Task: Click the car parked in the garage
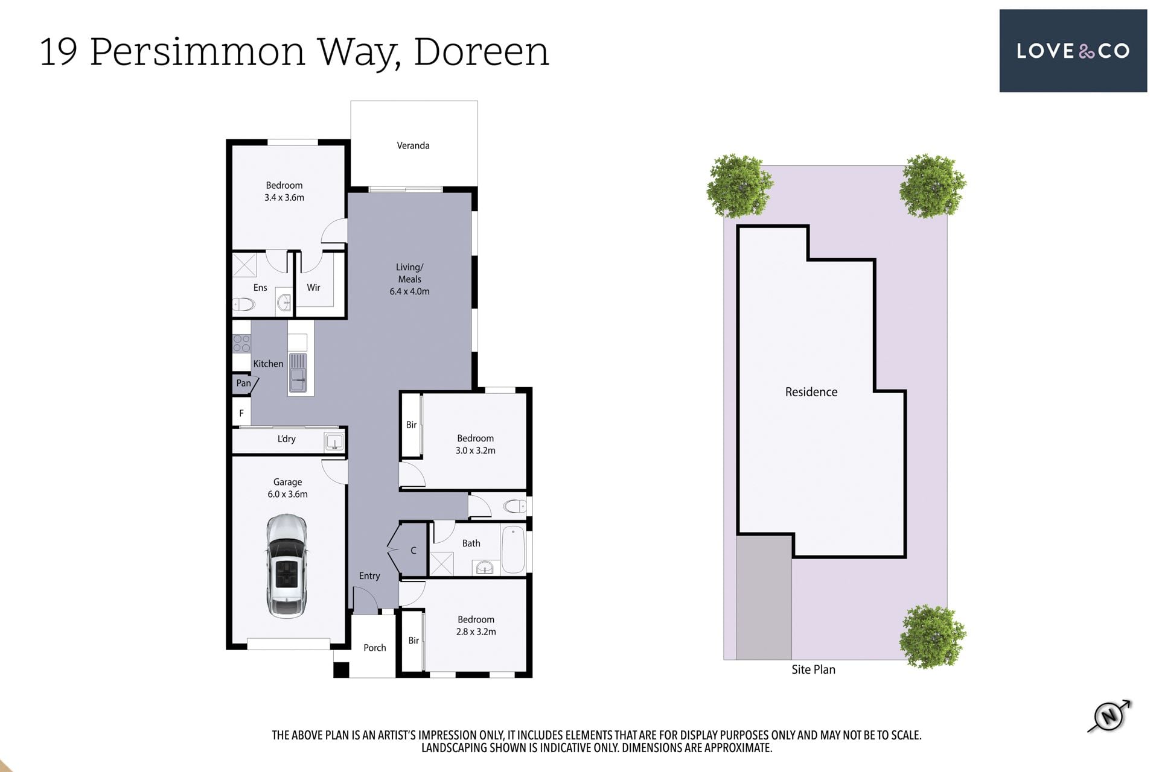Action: pyautogui.click(x=287, y=566)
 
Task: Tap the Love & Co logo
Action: pyautogui.click(x=1073, y=51)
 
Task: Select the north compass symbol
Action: pyautogui.click(x=1110, y=716)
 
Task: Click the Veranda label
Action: pyautogui.click(x=413, y=145)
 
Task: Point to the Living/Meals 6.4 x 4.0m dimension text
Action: pyautogui.click(x=409, y=291)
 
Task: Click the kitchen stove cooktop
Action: pyautogui.click(x=241, y=344)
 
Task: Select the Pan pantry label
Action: pyautogui.click(x=243, y=383)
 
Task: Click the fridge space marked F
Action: pyautogui.click(x=241, y=413)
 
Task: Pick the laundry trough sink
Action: pyautogui.click(x=334, y=442)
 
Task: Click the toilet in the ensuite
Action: pyautogui.click(x=244, y=305)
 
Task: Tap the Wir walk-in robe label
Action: pyautogui.click(x=313, y=288)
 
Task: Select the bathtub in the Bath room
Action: pyautogui.click(x=513, y=549)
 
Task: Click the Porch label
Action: pyautogui.click(x=374, y=648)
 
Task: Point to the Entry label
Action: pyautogui.click(x=369, y=576)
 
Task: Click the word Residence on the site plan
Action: pyautogui.click(x=811, y=392)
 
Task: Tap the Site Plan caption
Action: pyautogui.click(x=813, y=669)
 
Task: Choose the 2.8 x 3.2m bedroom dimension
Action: pyautogui.click(x=476, y=631)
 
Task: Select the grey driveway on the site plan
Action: pyautogui.click(x=764, y=597)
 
